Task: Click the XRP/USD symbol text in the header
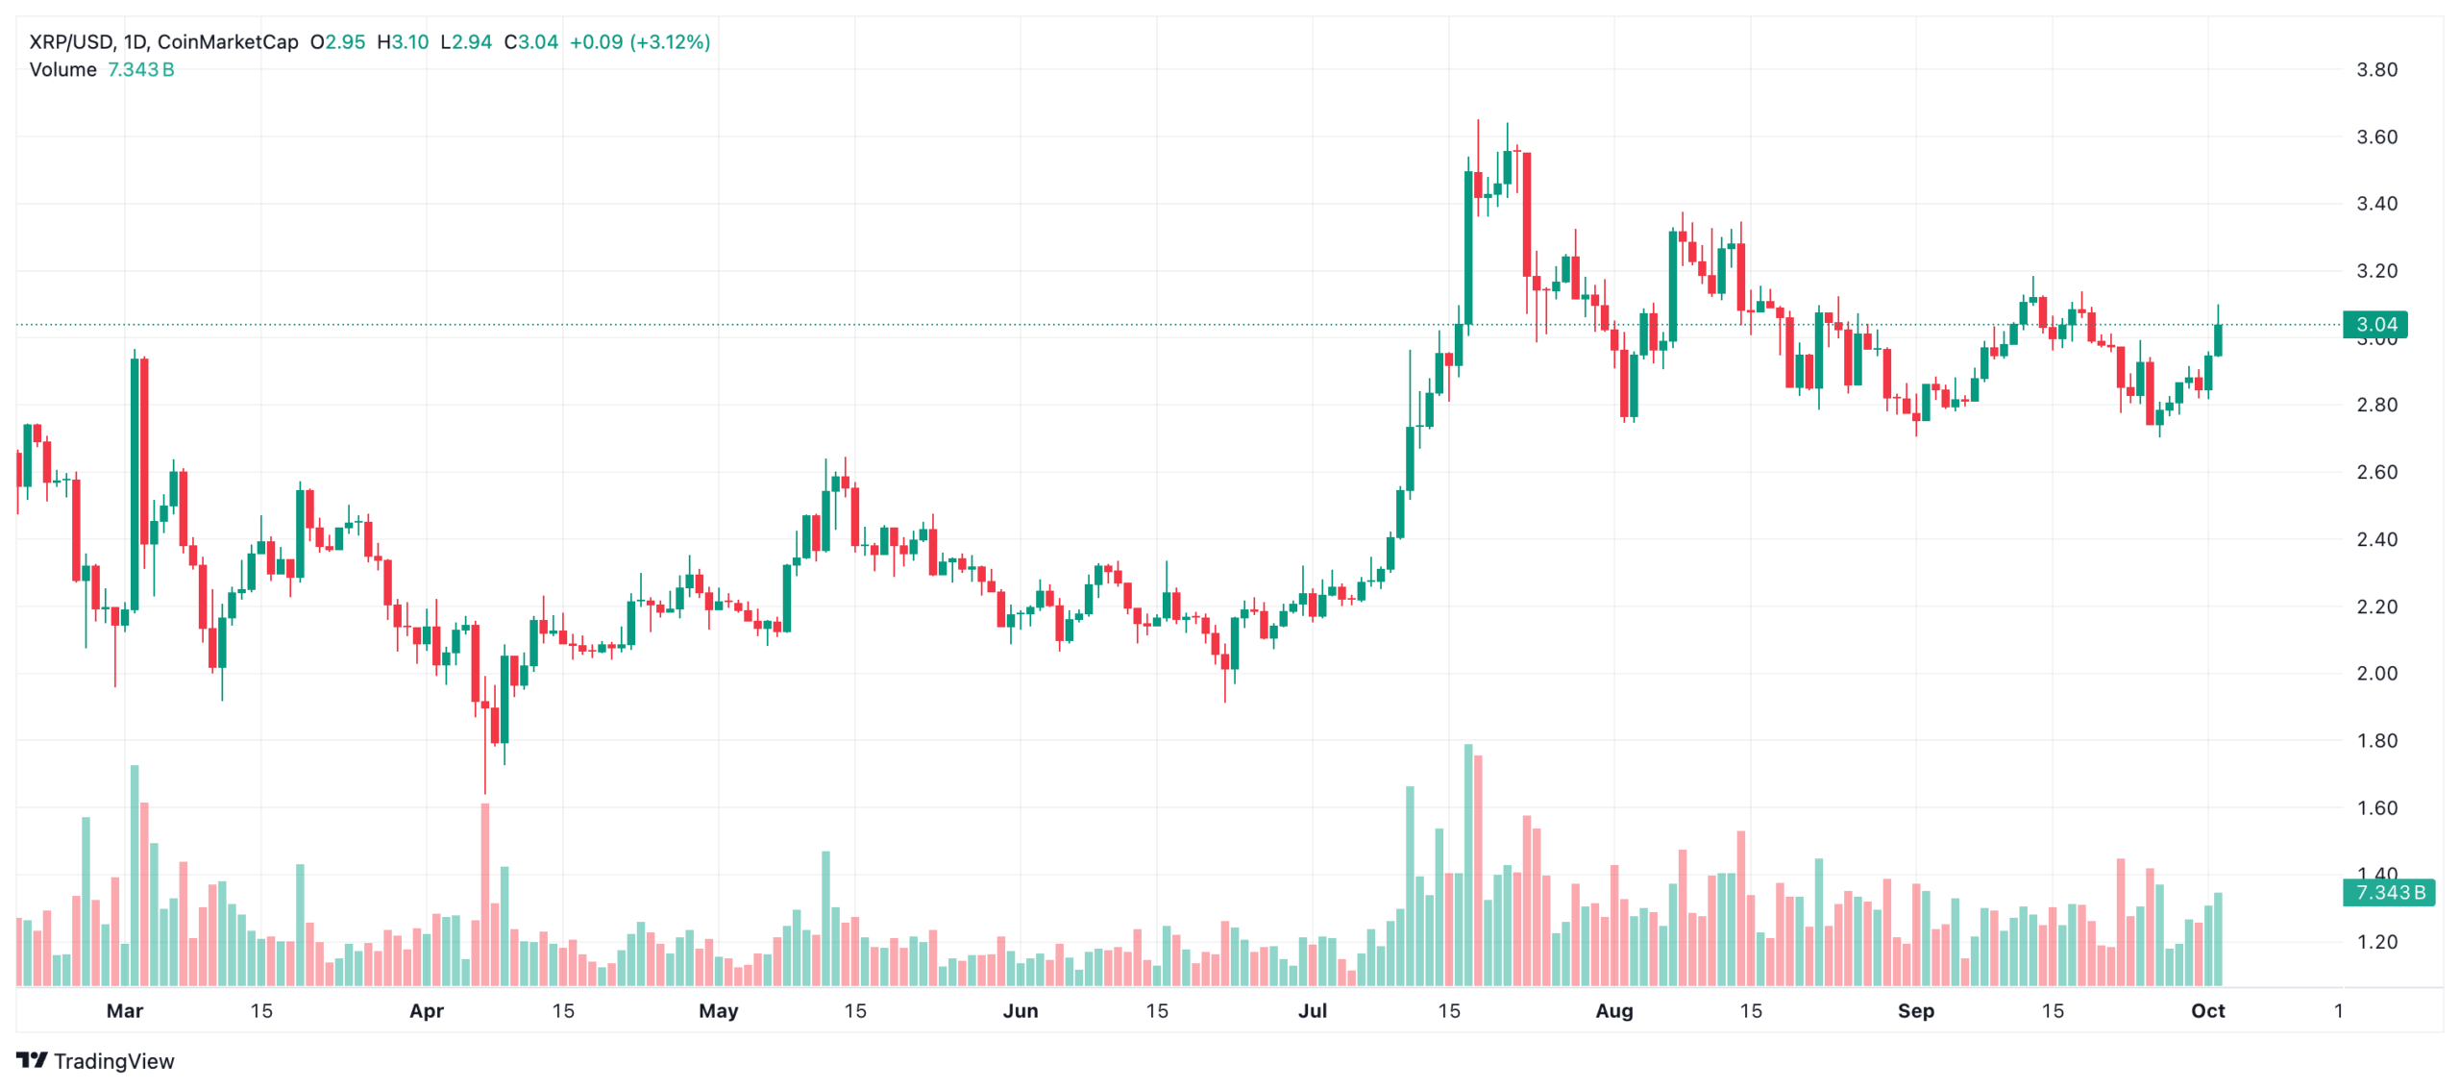pos(71,42)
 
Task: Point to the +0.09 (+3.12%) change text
pos(640,42)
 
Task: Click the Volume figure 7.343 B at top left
pos(140,70)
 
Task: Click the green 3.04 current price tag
pos(2375,325)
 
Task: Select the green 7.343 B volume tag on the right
pos(2389,893)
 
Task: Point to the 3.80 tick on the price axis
pos(2376,70)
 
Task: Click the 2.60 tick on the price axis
pos(2376,472)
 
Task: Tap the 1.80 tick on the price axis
pos(2376,741)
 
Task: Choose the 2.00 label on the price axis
pos(2376,674)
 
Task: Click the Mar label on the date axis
pos(125,1011)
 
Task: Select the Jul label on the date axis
pos(1313,1011)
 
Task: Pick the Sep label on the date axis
pos(1916,1011)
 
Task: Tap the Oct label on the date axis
pos(2208,1011)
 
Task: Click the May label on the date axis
pos(719,1011)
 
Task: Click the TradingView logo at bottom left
pos(95,1061)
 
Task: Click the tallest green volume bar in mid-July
pos(1468,865)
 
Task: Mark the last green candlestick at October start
pos(2218,340)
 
